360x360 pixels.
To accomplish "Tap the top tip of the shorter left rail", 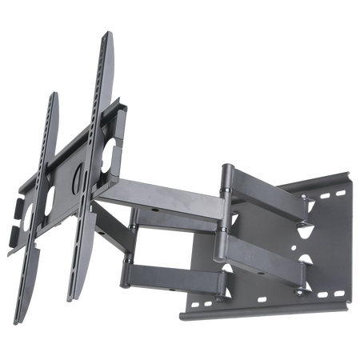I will [x=55, y=93].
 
